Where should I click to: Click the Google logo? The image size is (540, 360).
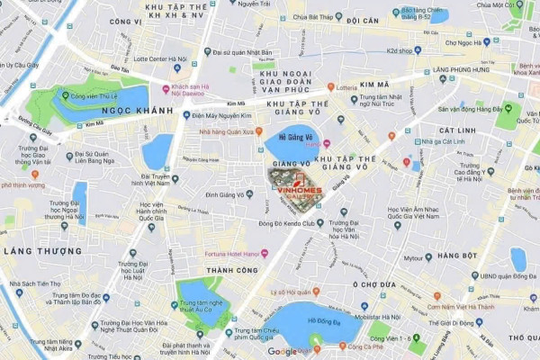click(x=282, y=352)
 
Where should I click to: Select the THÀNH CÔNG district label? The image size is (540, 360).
click(x=231, y=270)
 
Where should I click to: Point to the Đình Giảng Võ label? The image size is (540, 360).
click(x=225, y=194)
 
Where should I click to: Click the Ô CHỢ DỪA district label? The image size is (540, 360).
click(x=373, y=284)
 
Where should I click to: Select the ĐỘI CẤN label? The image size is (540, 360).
click(x=362, y=20)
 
